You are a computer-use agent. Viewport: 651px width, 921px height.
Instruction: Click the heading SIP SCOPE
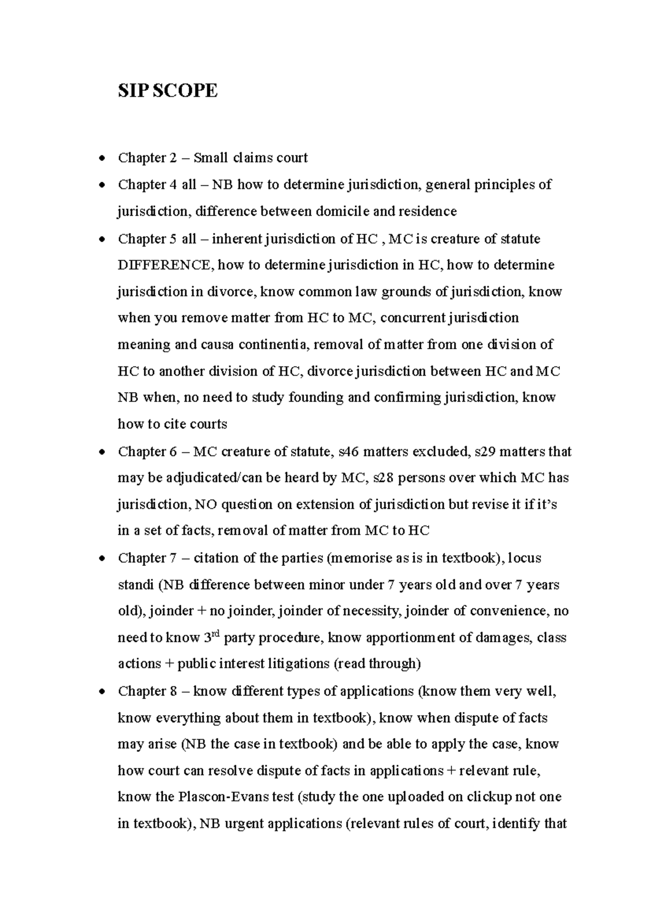click(x=168, y=91)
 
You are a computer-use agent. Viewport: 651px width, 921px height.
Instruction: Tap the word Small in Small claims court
click(x=211, y=158)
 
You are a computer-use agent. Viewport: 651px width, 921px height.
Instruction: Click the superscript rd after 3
click(x=215, y=633)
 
